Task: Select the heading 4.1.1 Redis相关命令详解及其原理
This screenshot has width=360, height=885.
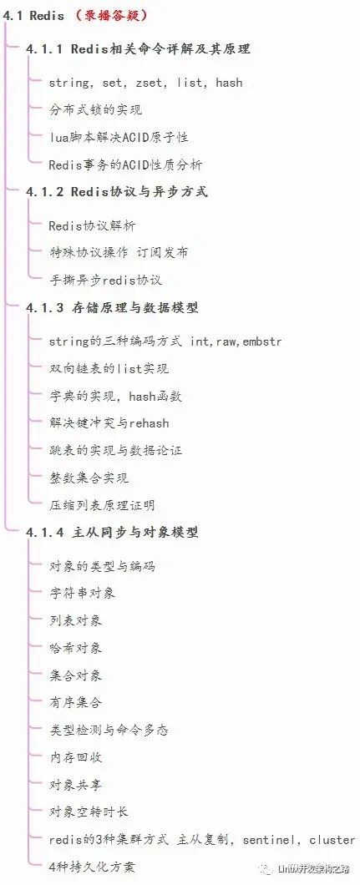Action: (139, 49)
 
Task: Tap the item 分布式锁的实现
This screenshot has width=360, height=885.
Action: (96, 110)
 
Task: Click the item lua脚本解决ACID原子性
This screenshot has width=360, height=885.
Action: (119, 137)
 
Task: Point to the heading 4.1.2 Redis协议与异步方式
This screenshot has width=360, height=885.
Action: (117, 192)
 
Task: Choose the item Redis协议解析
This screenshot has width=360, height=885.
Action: (92, 226)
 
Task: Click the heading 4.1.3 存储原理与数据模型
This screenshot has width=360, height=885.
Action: (112, 308)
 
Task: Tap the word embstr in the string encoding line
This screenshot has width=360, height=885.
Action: (261, 342)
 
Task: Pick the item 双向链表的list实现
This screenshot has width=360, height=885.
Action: (109, 369)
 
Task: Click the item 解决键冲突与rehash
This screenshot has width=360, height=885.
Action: (109, 423)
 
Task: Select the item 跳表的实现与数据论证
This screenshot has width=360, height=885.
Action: (115, 451)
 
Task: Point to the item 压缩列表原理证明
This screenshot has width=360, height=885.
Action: (102, 505)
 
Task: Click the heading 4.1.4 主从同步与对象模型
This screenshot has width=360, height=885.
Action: (112, 532)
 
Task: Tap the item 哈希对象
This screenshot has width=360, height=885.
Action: (76, 648)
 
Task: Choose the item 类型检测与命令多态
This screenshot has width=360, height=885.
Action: (109, 730)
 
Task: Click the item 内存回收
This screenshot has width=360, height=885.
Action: (76, 757)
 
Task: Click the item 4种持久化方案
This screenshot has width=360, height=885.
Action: (92, 867)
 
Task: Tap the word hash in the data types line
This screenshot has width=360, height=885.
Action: (229, 83)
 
